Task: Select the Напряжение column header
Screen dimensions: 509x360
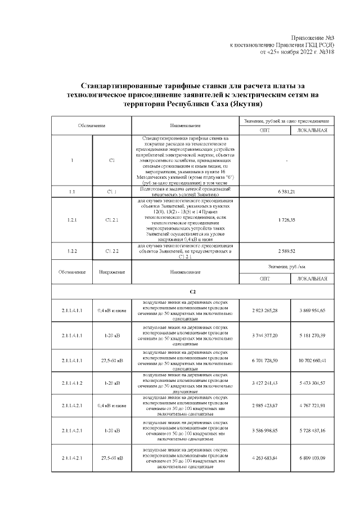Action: pyautogui.click(x=111, y=272)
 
